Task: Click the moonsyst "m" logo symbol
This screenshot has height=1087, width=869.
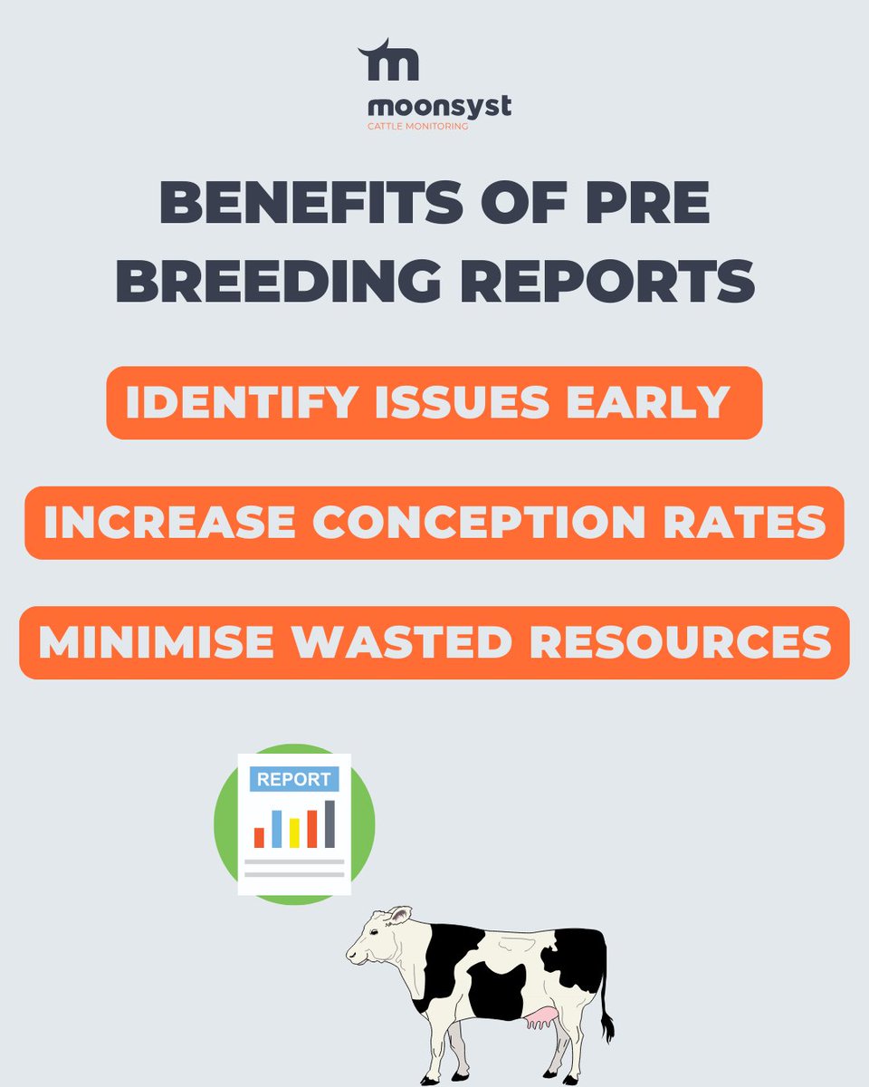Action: [388, 63]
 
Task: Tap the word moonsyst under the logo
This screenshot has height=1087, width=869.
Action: [433, 107]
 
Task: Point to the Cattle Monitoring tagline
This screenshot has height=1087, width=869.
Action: [417, 127]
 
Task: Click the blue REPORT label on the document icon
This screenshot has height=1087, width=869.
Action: [294, 780]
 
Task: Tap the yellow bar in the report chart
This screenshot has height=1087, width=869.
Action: [294, 832]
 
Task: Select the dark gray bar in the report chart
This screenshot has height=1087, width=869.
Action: [329, 823]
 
